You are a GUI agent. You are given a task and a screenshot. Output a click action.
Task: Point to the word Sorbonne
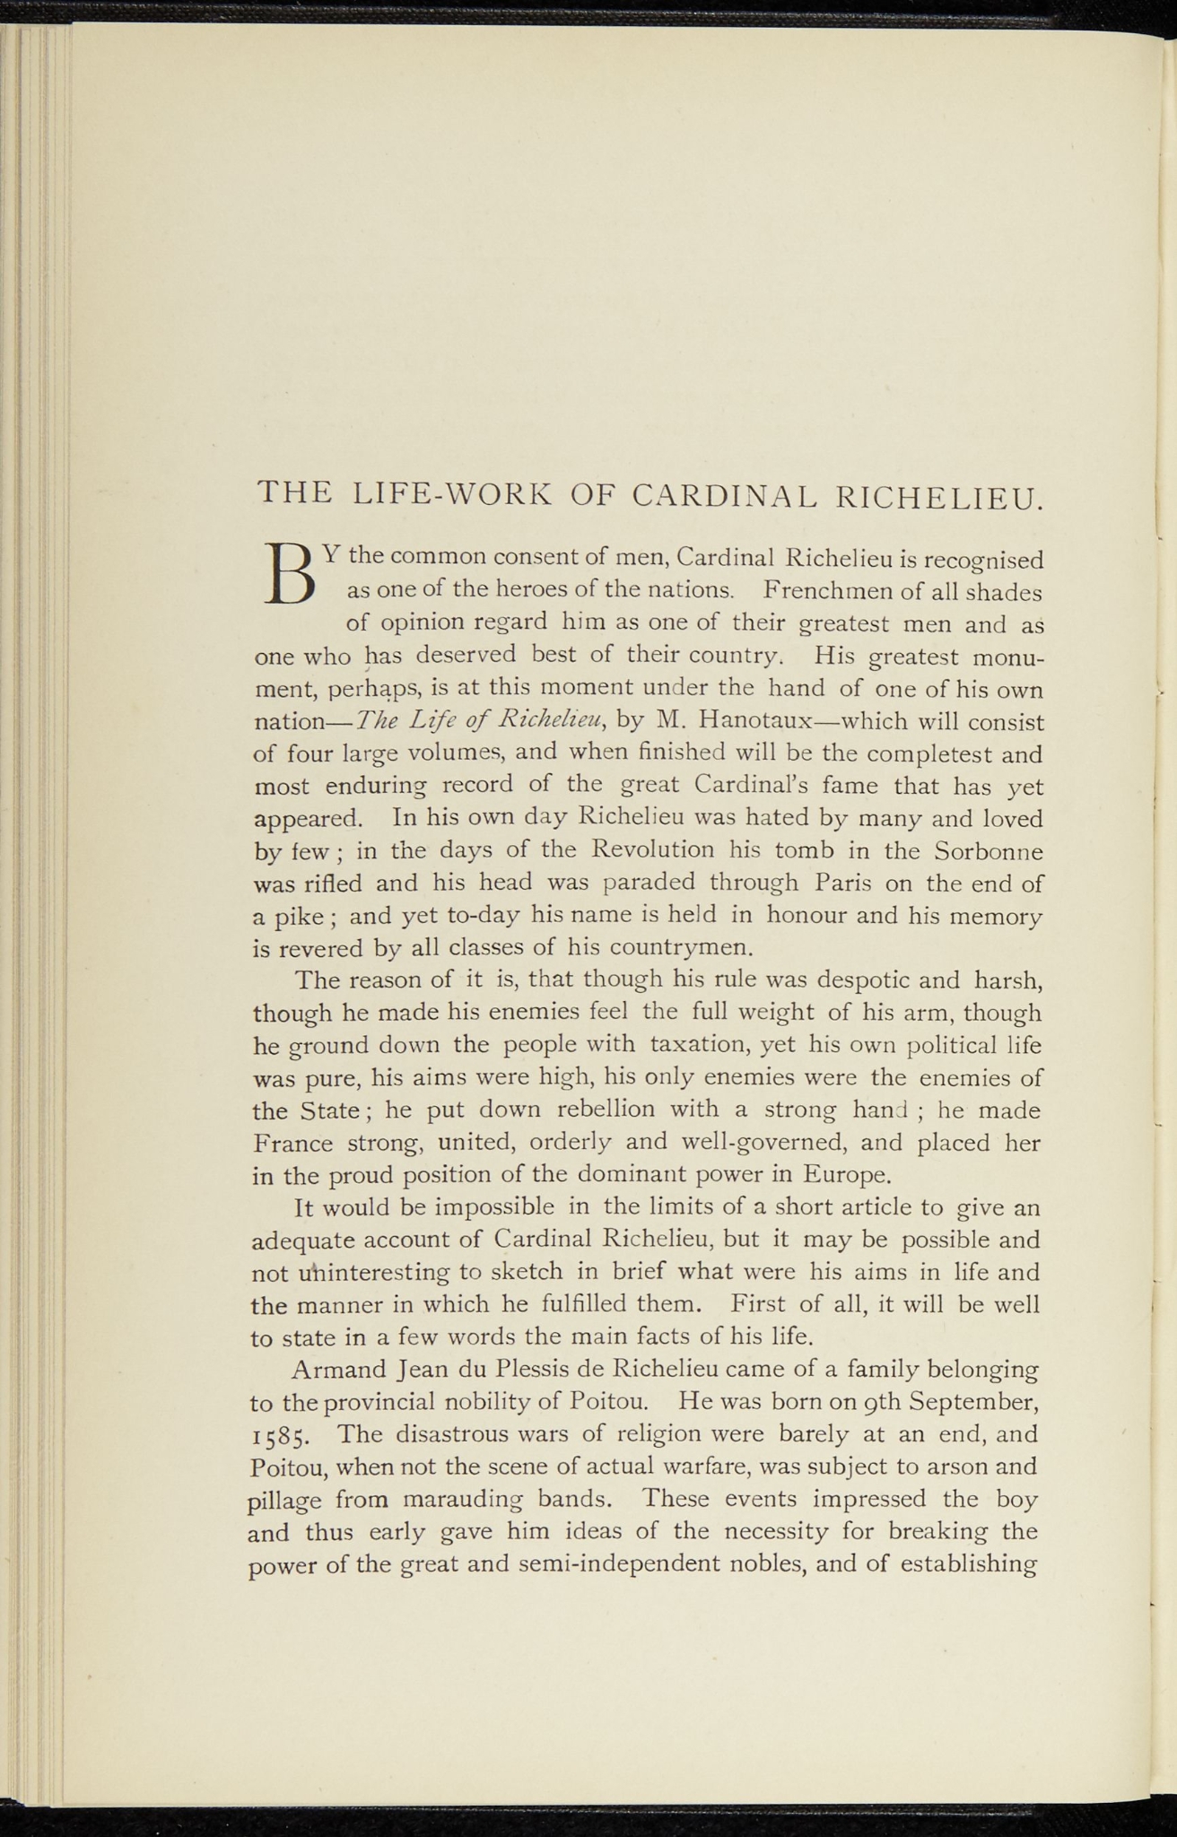click(987, 849)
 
